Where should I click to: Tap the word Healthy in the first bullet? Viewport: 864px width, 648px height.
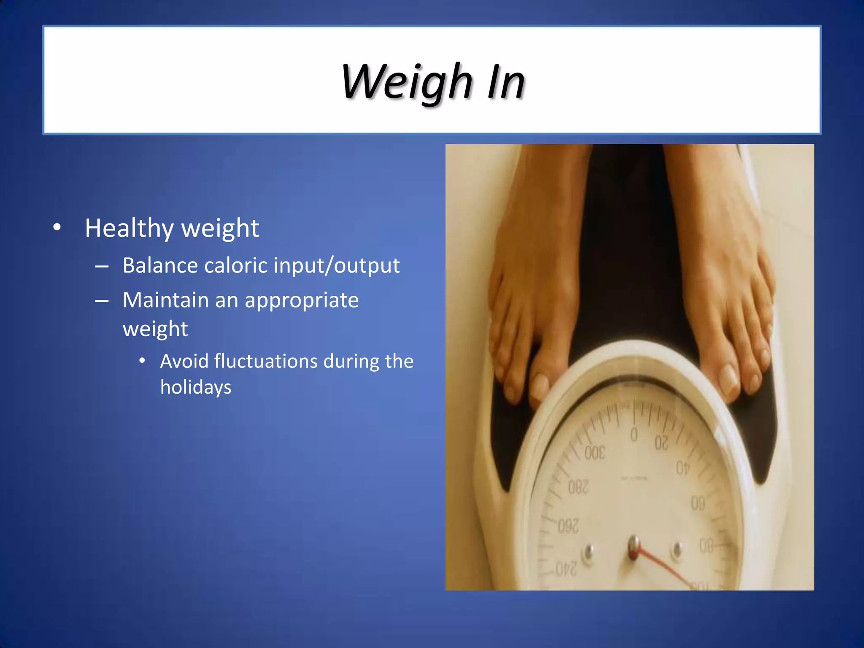(129, 228)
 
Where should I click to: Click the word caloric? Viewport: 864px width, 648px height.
(236, 265)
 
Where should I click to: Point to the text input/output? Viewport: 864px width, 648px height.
(336, 266)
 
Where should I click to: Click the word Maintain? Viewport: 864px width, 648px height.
(165, 300)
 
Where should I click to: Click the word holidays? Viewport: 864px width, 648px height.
(196, 387)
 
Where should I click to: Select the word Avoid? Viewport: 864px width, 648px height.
(184, 361)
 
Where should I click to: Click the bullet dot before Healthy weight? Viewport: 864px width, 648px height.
(57, 228)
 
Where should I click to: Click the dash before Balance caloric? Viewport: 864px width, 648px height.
(102, 267)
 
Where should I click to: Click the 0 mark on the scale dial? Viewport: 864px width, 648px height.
(634, 434)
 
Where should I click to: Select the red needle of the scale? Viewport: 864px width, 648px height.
(667, 567)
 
